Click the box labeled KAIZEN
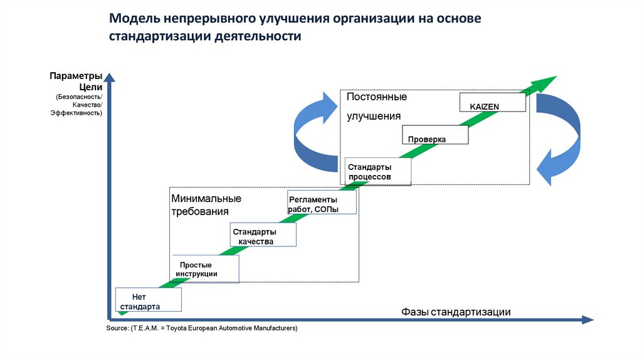click(x=493, y=102)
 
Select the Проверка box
click(x=434, y=135)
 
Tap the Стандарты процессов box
click(x=378, y=172)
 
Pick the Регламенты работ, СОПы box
click(x=321, y=203)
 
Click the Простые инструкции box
click(x=204, y=268)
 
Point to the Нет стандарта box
click(x=149, y=300)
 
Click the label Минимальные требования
click(x=206, y=204)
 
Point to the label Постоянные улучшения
click(x=377, y=107)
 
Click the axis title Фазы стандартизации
click(x=456, y=312)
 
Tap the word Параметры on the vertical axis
click(x=76, y=77)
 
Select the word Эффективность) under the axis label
click(x=76, y=114)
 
